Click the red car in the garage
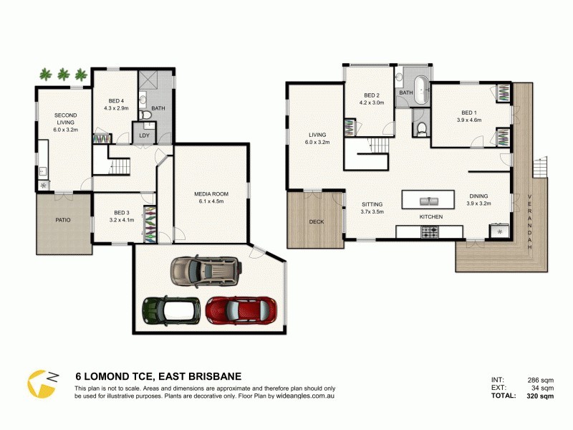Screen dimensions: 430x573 pos(231,310)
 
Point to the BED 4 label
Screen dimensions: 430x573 pos(116,100)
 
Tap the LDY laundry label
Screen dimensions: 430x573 pos(144,135)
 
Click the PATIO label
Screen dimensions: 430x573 pos(64,219)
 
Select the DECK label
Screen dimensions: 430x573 pos(317,221)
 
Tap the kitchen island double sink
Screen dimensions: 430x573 pos(428,199)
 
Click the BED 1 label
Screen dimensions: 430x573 pos(468,113)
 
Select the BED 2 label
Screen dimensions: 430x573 pos(371,95)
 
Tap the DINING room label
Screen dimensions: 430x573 pos(478,196)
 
